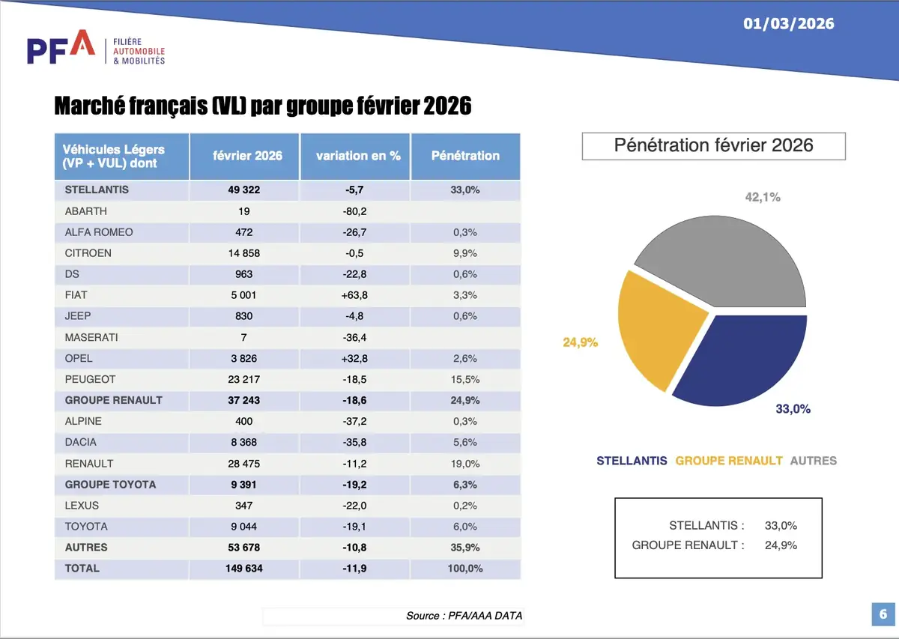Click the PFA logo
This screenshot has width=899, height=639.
[x=61, y=48]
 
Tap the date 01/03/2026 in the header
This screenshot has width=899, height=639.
[x=788, y=23]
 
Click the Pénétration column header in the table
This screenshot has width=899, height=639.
[x=465, y=156]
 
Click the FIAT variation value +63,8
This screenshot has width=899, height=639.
[x=355, y=295]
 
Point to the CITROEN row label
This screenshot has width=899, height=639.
[x=88, y=253]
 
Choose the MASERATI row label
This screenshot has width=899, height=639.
[x=91, y=337]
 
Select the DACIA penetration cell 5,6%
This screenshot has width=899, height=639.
[x=464, y=442]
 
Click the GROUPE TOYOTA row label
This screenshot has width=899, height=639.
[x=110, y=484]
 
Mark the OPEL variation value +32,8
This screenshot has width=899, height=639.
[x=355, y=358]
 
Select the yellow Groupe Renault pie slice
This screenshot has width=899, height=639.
[x=659, y=330]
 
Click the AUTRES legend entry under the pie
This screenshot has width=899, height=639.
[x=813, y=461]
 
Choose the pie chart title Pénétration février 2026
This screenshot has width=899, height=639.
[x=713, y=145]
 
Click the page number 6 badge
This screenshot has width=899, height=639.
[x=882, y=614]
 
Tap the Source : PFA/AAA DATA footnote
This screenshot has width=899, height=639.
[x=464, y=616]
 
